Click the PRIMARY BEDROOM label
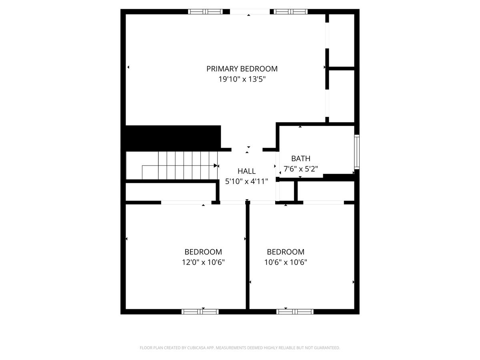tap(242, 69)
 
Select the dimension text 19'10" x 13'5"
tap(242, 79)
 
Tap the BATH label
tap(300, 158)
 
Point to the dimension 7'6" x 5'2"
tap(300, 169)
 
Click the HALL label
tap(246, 171)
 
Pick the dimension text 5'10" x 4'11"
tap(246, 181)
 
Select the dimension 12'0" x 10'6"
tap(203, 262)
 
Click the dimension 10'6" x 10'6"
tap(286, 262)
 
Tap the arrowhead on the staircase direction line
tap(216, 166)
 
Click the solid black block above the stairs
tap(173, 138)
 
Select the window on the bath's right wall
tap(357, 152)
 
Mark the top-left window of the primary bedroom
tap(205, 12)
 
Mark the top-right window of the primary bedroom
tap(291, 12)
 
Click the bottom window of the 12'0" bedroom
tap(200, 312)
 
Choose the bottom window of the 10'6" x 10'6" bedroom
tap(295, 312)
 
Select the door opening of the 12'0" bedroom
tap(186, 203)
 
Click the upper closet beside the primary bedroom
tap(341, 40)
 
